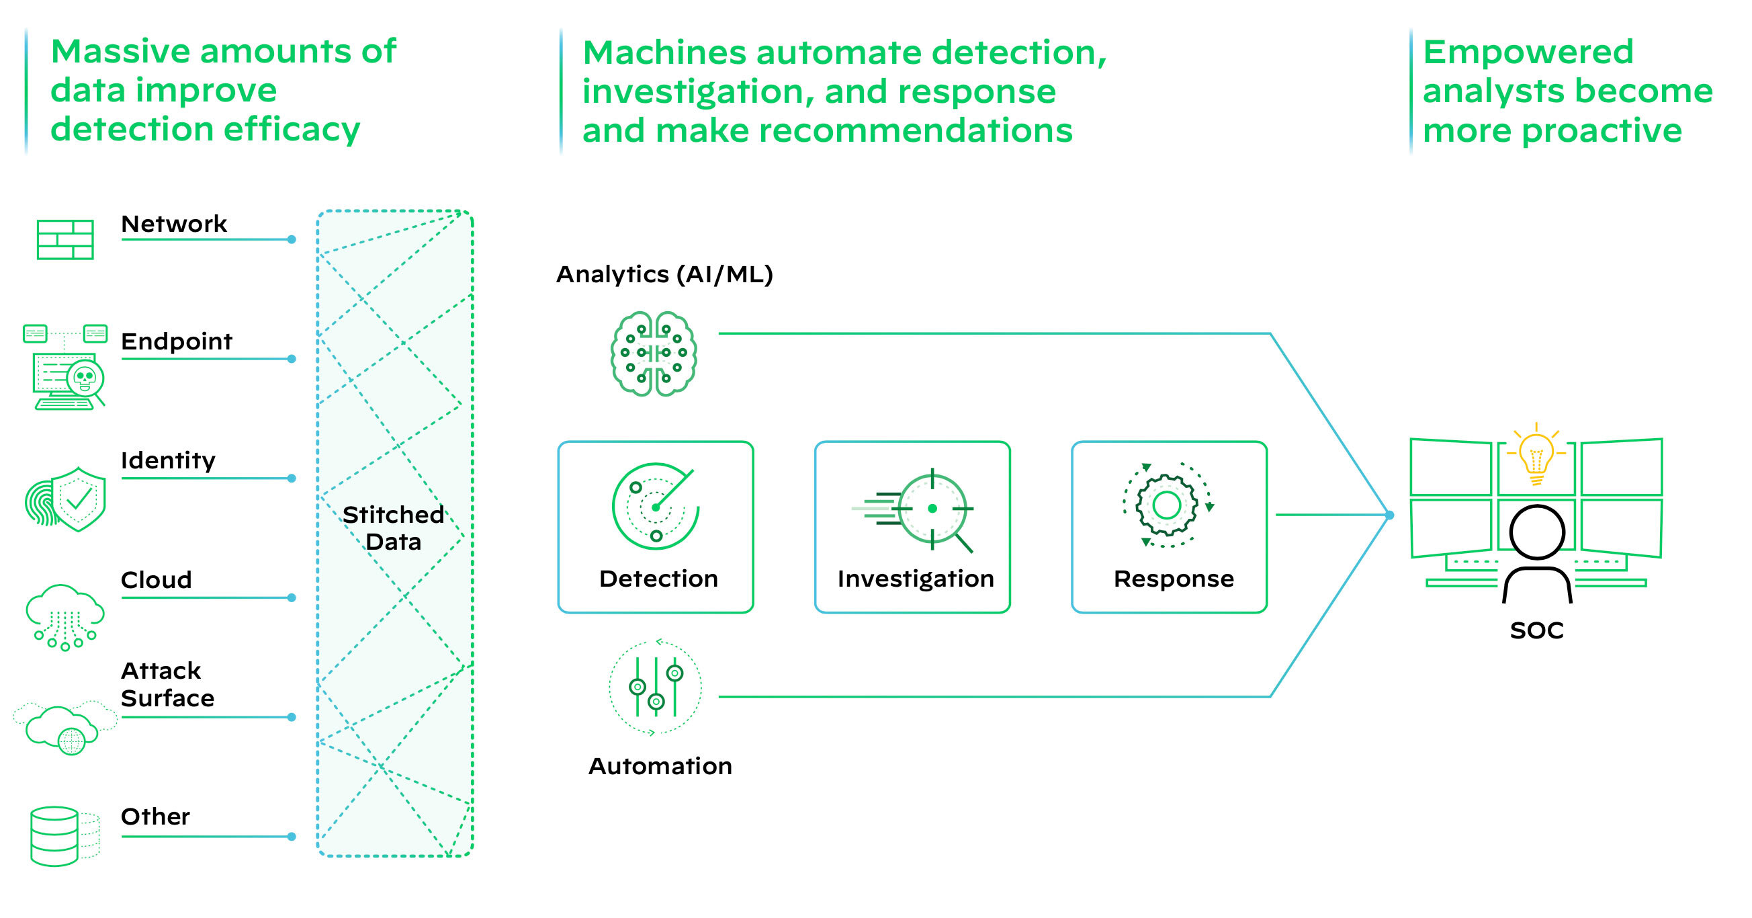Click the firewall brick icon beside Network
[64, 239]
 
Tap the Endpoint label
[176, 341]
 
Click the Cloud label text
[157, 580]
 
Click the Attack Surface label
[167, 684]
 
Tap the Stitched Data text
[393, 528]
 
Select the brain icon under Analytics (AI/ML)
[654, 353]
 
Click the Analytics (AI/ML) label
[664, 274]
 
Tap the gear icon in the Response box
[1167, 505]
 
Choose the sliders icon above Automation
[655, 687]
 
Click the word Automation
[660, 766]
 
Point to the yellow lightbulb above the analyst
[1536, 454]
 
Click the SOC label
[1536, 630]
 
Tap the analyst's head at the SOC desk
[1536, 532]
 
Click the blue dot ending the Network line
[292, 239]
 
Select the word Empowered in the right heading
[1528, 52]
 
